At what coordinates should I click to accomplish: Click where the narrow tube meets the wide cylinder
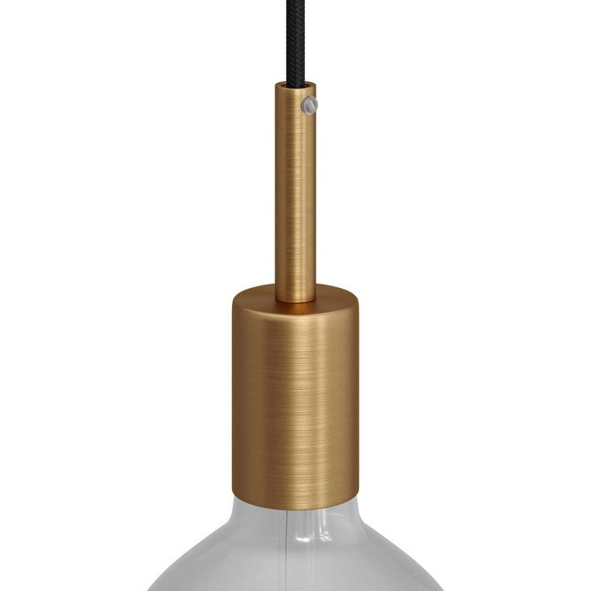(x=295, y=299)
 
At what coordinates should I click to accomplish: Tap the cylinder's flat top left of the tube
(x=255, y=297)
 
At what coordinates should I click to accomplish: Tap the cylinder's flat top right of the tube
(x=336, y=297)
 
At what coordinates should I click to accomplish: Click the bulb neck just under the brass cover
(x=295, y=517)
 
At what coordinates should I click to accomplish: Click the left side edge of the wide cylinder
(x=234, y=392)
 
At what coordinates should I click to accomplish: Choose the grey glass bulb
(x=295, y=561)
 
